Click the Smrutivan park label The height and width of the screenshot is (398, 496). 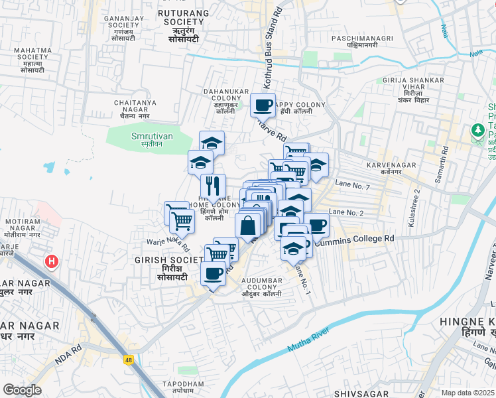coord(147,137)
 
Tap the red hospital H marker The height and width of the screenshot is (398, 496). coord(51,263)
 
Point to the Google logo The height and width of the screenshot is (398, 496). coord(23,390)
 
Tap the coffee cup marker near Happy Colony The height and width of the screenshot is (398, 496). coord(263,105)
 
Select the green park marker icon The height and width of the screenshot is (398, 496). coord(477,131)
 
